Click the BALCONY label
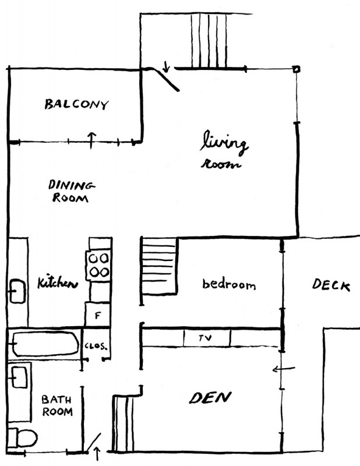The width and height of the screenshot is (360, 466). (x=76, y=104)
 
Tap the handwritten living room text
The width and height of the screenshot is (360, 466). (x=224, y=150)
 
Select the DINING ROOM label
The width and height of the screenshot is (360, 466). (x=71, y=191)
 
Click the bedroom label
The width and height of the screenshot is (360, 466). (x=229, y=284)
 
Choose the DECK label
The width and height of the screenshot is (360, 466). (x=331, y=285)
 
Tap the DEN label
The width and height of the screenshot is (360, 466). (x=210, y=398)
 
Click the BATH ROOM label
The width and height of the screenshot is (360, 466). (x=57, y=405)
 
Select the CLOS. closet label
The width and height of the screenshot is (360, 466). (x=96, y=346)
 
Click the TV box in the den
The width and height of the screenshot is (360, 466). (x=207, y=338)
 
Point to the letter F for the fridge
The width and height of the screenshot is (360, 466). (x=98, y=316)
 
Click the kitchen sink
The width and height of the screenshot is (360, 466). (x=17, y=291)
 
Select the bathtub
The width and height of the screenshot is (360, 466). (x=45, y=344)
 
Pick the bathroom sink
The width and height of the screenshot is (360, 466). (x=19, y=377)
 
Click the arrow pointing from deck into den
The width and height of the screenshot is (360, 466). (x=284, y=369)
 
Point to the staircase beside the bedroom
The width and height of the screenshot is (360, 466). (x=159, y=266)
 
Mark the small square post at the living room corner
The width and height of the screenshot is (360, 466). (x=297, y=69)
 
